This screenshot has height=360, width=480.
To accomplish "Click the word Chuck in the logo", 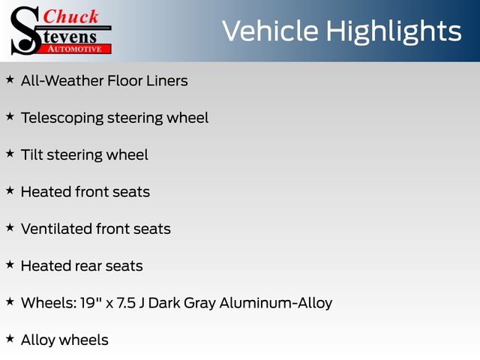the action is point(70,16).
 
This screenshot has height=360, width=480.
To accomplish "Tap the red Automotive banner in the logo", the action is point(75,49).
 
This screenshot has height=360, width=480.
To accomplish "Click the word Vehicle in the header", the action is point(270,31).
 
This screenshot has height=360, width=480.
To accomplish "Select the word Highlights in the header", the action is point(393,32).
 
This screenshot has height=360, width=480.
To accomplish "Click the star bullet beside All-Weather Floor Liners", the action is point(10,79).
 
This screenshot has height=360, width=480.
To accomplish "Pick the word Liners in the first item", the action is point(167,81).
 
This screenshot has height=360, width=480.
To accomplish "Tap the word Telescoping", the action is point(62,118).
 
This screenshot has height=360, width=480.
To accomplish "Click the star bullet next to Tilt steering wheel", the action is point(10,153).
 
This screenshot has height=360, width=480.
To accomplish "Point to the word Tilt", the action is point(32,154).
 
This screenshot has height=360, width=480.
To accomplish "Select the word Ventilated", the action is point(57,229).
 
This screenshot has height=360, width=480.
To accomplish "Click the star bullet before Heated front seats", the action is point(10,190).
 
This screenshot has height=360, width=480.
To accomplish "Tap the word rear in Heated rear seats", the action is point(88,266).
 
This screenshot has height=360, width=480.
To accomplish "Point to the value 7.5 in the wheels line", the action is point(126,303).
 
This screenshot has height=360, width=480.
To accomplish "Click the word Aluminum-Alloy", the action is point(276,303).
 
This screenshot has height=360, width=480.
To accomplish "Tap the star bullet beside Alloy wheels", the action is point(10,338).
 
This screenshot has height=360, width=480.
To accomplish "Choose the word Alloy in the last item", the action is point(38,340).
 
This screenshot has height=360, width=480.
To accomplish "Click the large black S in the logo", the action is point(25,31).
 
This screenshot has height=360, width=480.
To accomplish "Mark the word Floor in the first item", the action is point(125,81).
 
